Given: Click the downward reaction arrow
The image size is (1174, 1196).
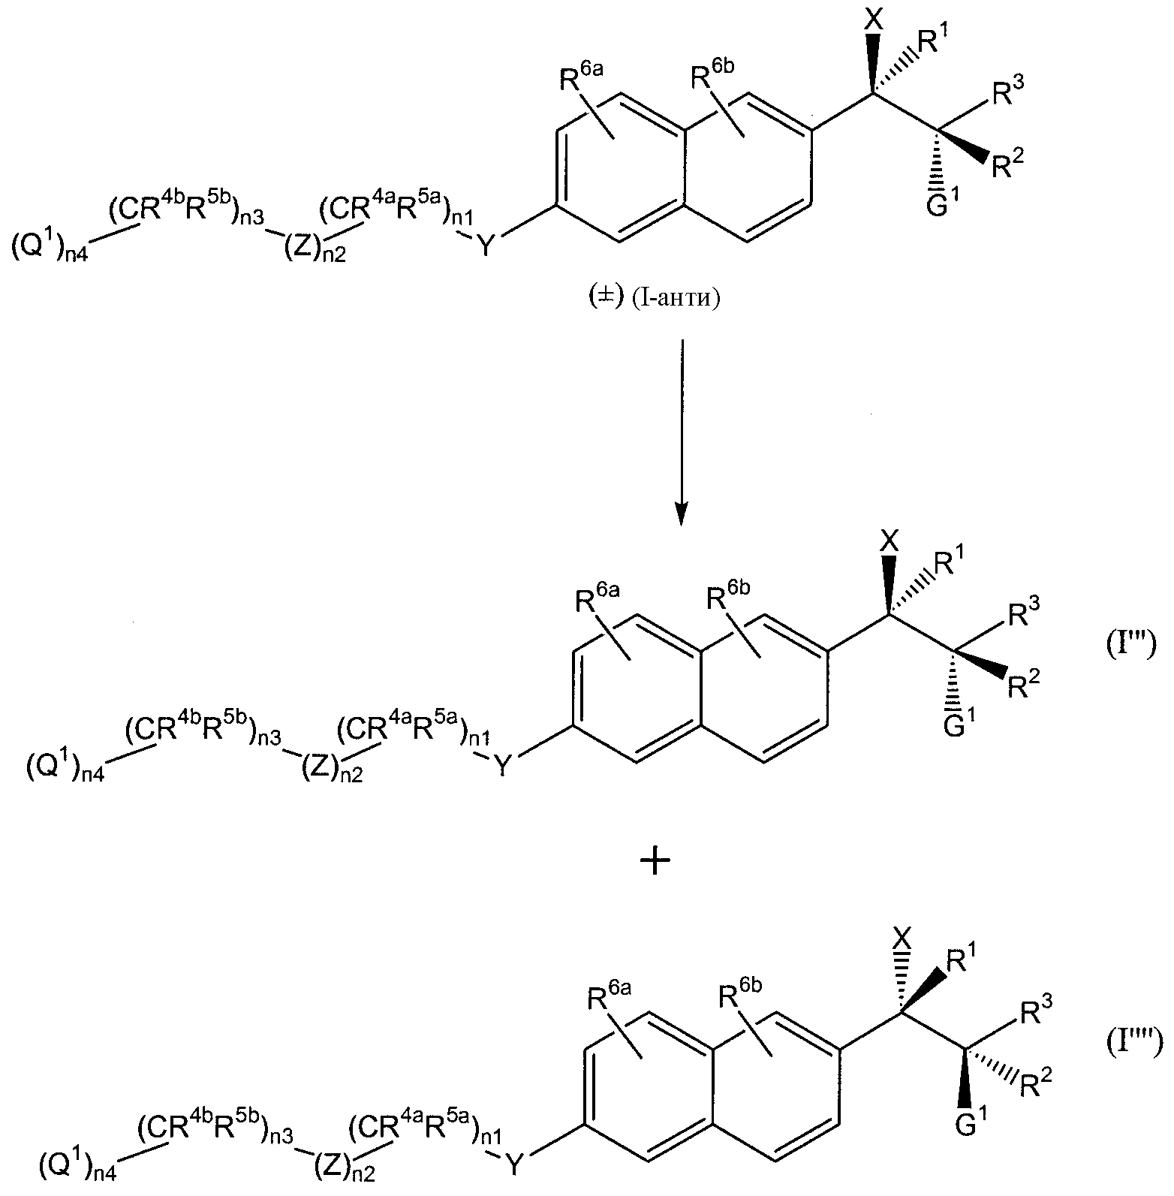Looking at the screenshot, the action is click(680, 432).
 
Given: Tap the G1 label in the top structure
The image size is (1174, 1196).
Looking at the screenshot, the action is click(941, 205).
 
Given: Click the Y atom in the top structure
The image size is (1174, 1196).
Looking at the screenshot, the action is click(486, 245).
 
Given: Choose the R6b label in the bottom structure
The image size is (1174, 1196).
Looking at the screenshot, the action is click(740, 999).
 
